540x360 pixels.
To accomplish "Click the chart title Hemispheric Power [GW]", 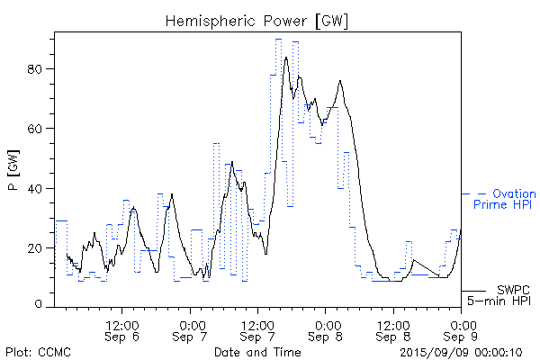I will tap(257, 19).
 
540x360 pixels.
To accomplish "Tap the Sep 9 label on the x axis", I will tap(463, 337).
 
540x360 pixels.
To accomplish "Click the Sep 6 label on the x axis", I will tap(122, 337).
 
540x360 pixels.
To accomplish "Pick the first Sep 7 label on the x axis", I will tap(191, 337).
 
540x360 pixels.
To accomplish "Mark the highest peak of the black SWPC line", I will tap(286, 58).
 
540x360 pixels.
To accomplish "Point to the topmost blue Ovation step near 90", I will tap(279, 40).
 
